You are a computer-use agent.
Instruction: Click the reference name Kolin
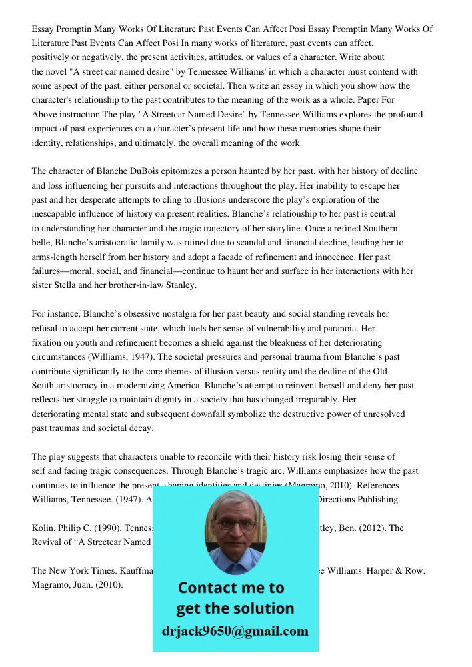pos(44,528)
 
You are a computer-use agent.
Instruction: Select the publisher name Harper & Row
pos(398,571)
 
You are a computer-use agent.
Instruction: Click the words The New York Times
pos(67,571)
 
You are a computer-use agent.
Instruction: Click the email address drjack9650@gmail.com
pos(235,631)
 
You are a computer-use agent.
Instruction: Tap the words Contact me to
pos(231,588)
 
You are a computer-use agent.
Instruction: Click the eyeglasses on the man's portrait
pos(235,524)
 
